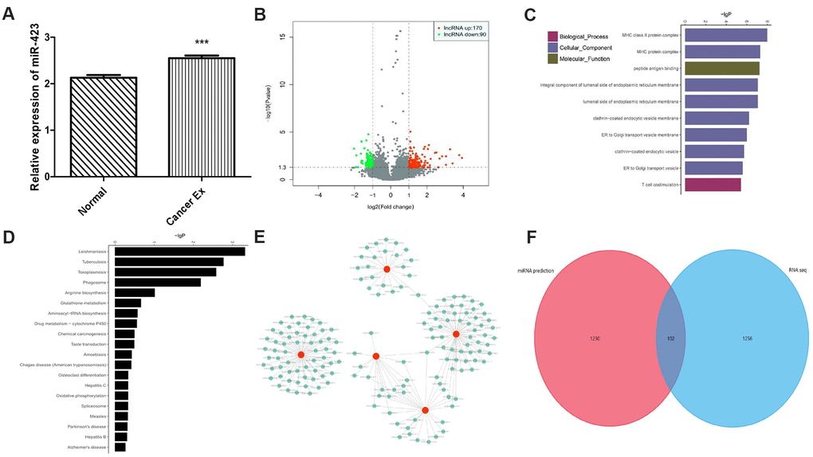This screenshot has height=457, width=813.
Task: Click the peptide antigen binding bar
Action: tap(722, 68)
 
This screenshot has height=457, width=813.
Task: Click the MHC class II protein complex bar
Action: tap(725, 35)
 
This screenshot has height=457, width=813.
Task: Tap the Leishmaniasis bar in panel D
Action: tap(179, 251)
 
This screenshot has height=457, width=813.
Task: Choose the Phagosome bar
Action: tap(158, 282)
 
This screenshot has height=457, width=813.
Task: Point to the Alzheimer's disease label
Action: tap(85, 447)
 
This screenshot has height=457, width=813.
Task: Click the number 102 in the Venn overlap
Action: tap(671, 338)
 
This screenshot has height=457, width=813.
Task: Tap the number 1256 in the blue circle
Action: tap(740, 338)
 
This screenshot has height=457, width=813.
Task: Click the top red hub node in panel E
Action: tap(386, 269)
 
